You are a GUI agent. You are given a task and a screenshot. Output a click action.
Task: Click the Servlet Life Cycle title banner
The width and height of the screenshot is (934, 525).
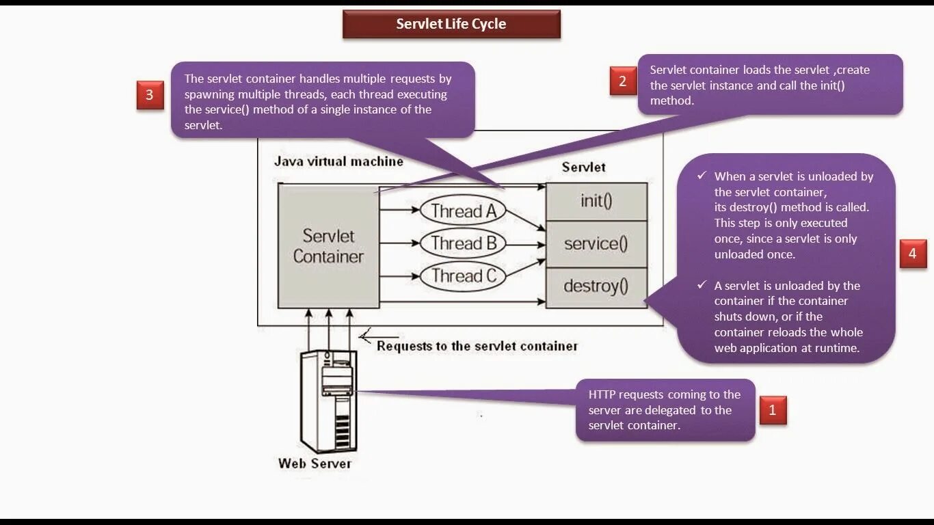click(451, 24)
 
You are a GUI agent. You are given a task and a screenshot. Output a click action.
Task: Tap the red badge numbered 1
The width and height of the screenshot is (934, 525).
click(773, 410)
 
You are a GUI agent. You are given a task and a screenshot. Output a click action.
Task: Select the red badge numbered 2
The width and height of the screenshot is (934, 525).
click(622, 81)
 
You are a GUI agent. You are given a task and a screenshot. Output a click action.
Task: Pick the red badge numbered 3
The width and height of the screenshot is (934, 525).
click(150, 95)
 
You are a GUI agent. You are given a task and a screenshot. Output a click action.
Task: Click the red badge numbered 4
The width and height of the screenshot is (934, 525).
click(912, 254)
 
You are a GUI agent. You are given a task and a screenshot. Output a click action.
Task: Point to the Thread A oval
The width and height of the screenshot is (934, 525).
click(463, 211)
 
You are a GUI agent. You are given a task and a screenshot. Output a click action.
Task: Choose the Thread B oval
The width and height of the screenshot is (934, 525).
click(463, 243)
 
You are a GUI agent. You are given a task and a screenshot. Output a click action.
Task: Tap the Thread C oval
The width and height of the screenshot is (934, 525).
click(463, 276)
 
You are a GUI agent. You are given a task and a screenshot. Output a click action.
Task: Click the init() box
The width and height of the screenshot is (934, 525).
click(596, 202)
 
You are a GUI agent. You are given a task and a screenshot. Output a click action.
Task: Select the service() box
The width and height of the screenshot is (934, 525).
click(596, 244)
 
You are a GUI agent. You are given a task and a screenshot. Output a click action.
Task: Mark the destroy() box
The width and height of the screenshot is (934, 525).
click(596, 286)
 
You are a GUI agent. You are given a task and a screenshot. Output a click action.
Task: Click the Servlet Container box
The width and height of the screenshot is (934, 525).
click(328, 246)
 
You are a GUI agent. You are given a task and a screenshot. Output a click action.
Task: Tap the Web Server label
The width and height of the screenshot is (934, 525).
click(315, 463)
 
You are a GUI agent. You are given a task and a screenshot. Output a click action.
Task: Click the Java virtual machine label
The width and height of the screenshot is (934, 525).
click(338, 162)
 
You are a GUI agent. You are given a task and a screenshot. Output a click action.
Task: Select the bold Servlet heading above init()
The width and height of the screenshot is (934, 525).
click(583, 167)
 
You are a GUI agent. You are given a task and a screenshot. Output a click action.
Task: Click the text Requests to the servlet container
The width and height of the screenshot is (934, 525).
click(477, 346)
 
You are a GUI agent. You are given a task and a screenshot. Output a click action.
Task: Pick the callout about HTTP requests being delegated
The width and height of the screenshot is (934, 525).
click(665, 410)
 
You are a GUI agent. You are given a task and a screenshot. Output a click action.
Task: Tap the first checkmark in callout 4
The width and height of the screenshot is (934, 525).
click(702, 176)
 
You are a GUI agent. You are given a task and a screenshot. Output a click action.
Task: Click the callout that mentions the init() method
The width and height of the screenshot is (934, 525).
click(771, 85)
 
